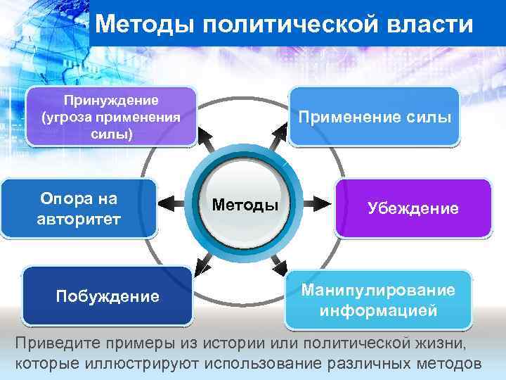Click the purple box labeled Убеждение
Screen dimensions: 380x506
pos(413,208)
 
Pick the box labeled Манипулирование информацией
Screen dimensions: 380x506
pos(377,300)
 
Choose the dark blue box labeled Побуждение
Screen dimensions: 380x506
pos(107,296)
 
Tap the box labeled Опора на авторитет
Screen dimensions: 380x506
pos(79,208)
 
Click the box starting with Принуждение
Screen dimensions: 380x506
pos(110,116)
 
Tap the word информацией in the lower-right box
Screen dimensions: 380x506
pos(377,310)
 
